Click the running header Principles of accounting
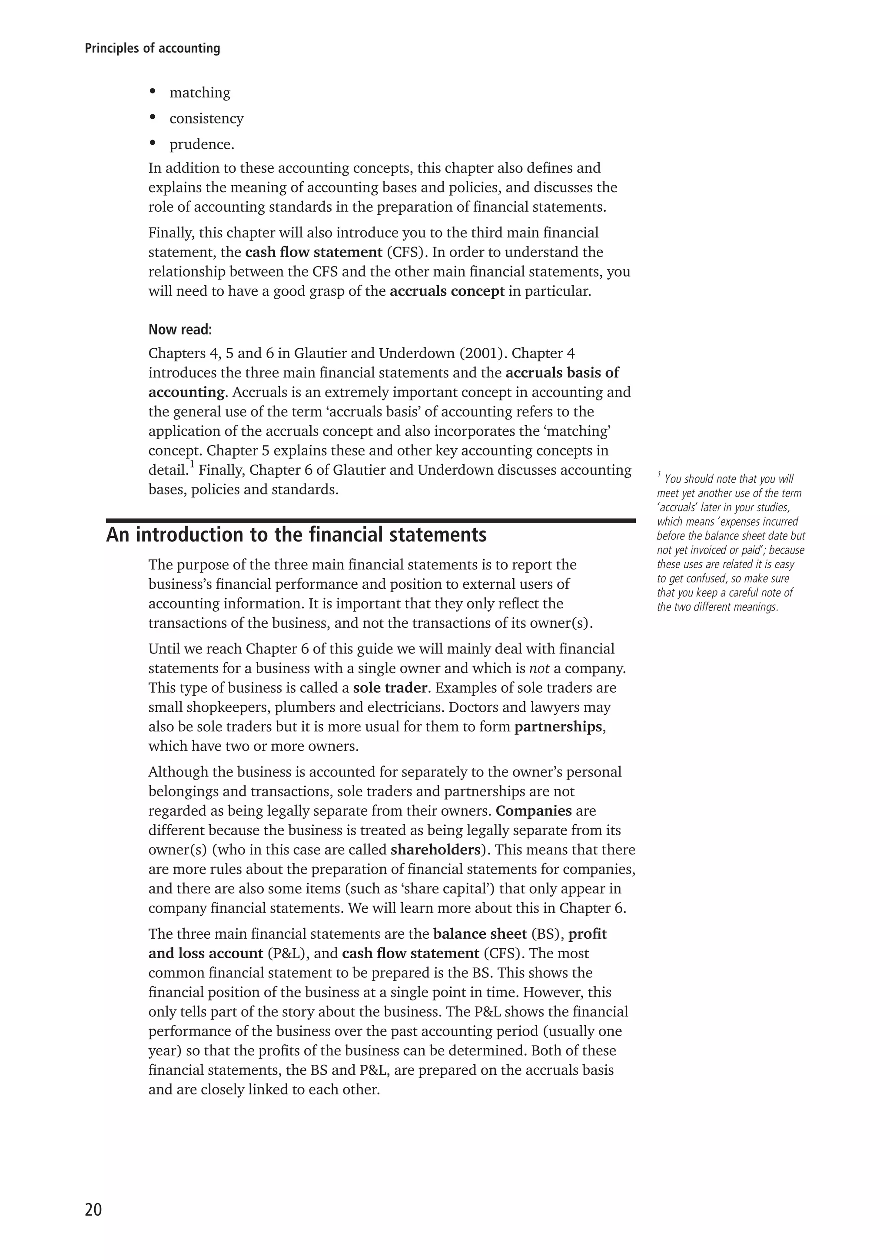[153, 48]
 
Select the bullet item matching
[199, 93]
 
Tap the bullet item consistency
[206, 119]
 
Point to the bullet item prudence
[202, 144]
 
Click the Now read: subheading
[180, 330]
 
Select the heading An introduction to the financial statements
[296, 534]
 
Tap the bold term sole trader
[390, 688]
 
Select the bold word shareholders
[435, 850]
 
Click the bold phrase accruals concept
[447, 291]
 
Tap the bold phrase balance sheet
[480, 934]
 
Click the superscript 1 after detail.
[192, 465]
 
